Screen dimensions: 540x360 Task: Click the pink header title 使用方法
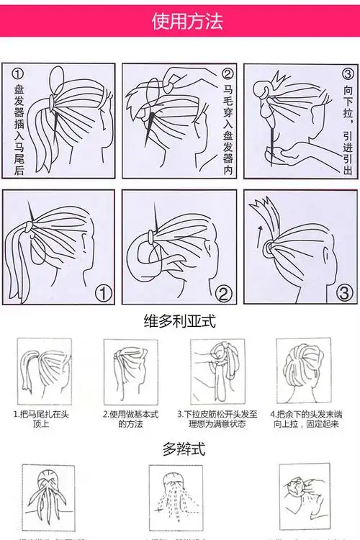(x=179, y=20)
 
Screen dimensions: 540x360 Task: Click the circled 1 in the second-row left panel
(x=104, y=293)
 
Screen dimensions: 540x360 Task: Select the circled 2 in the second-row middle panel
(x=223, y=293)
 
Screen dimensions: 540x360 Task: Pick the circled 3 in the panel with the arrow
(x=344, y=293)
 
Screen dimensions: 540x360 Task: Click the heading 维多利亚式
(x=179, y=320)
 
